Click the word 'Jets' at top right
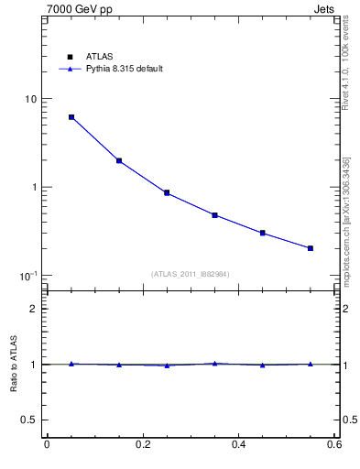pyautogui.click(x=327, y=10)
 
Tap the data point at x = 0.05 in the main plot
pyautogui.click(x=71, y=117)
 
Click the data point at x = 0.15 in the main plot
pyautogui.click(x=119, y=160)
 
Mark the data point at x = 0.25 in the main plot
pyautogui.click(x=167, y=192)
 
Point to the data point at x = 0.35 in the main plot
pyautogui.click(x=214, y=215)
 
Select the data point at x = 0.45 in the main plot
pyautogui.click(x=263, y=233)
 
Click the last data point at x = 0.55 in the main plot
pyautogui.click(x=311, y=248)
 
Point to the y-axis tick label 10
pyautogui.click(x=29, y=99)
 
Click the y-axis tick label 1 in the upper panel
pyautogui.click(x=33, y=188)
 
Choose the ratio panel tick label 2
pyautogui.click(x=33, y=309)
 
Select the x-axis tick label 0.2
pyautogui.click(x=143, y=445)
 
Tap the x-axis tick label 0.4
pyautogui.click(x=239, y=445)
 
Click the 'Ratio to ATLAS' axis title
pyautogui.click(x=14, y=364)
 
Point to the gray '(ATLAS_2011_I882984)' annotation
pyautogui.click(x=190, y=273)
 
